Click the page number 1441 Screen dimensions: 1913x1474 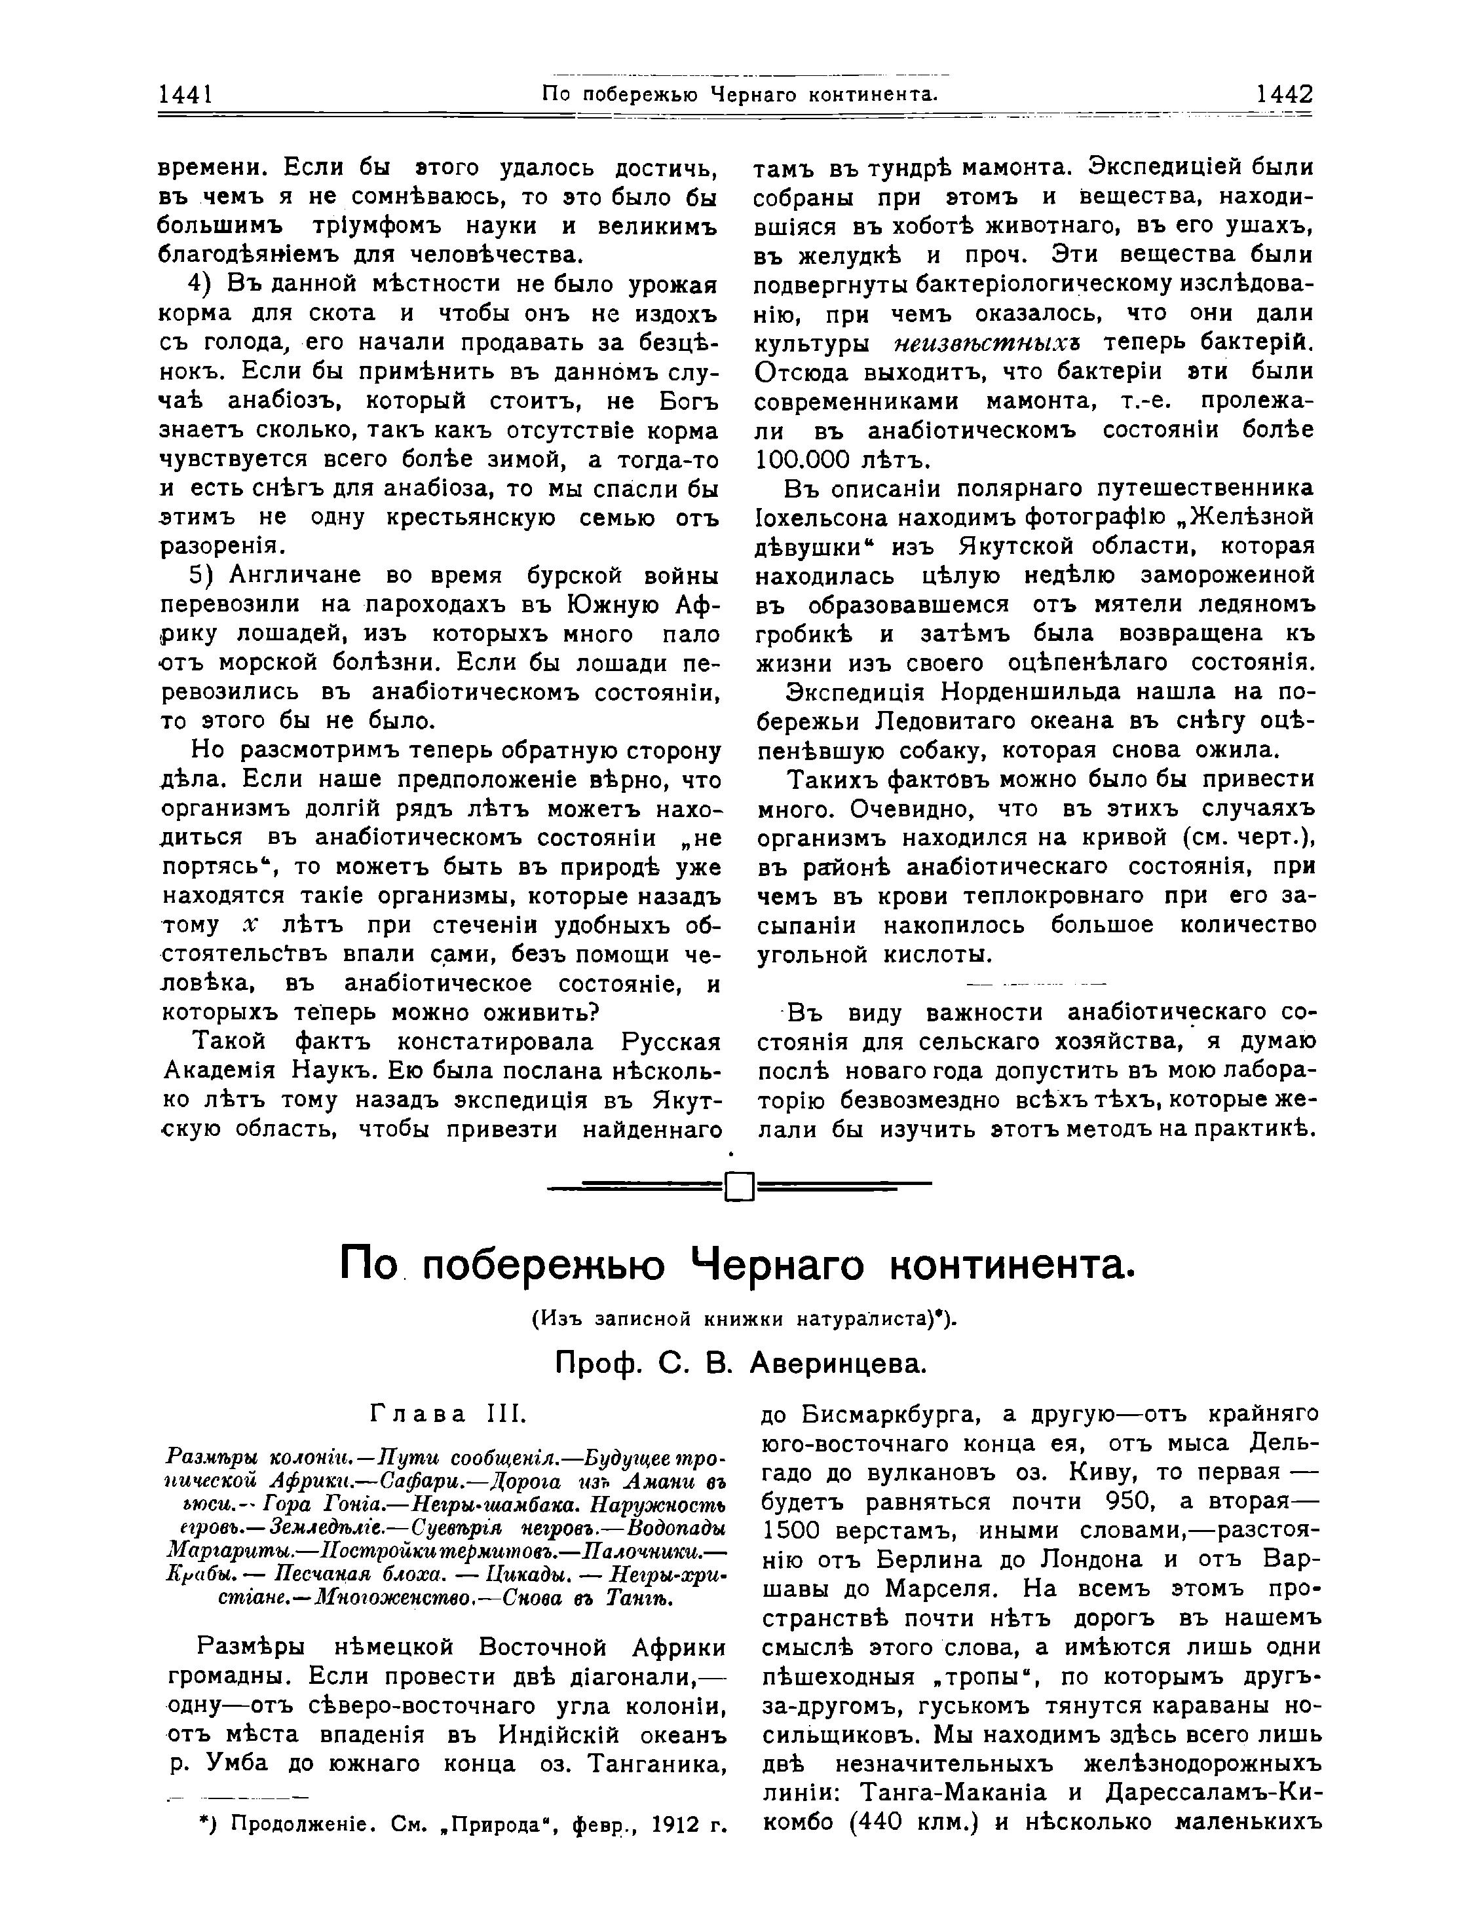coord(187,94)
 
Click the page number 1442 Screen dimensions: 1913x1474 coord(1284,94)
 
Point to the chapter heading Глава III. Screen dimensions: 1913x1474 coord(447,1413)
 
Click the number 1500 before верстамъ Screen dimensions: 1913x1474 coord(794,1531)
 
